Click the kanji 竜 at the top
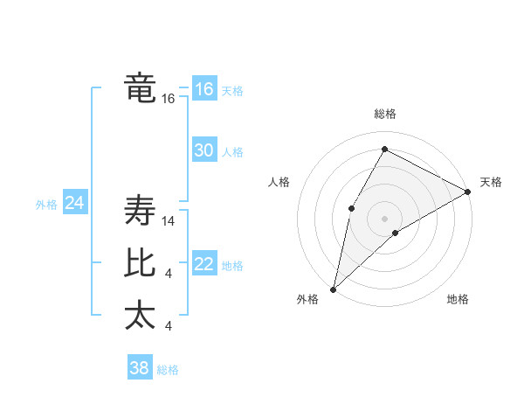(140, 88)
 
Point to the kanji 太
(140, 315)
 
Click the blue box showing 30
(203, 150)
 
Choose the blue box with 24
(74, 203)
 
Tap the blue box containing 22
(203, 264)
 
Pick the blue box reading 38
(139, 368)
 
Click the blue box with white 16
(203, 89)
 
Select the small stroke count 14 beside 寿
(169, 222)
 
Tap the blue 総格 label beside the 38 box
(168, 370)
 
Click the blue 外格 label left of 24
(46, 205)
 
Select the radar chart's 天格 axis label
(491, 182)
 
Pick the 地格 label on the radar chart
(458, 299)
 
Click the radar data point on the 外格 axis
(333, 289)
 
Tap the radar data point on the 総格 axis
(384, 150)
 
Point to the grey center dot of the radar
(384, 218)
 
